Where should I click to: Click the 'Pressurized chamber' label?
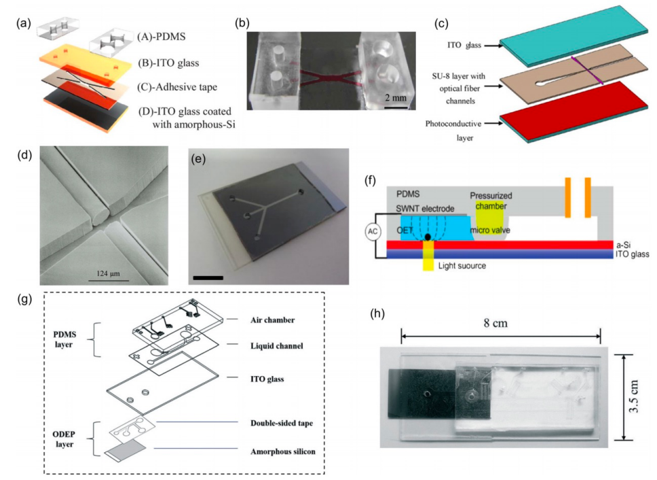[490, 201]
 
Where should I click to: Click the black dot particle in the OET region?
[428, 238]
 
